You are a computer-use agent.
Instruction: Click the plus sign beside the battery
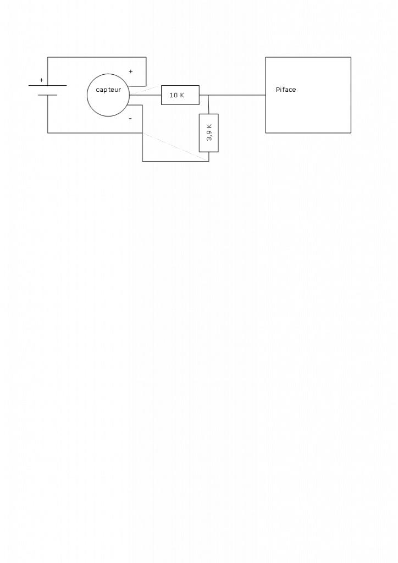[41, 80]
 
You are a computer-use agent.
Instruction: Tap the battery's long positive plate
[48, 86]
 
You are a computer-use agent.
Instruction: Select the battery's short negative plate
[48, 95]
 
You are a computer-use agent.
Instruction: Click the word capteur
[108, 90]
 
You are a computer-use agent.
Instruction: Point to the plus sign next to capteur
[130, 71]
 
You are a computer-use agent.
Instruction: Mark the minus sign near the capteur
[130, 118]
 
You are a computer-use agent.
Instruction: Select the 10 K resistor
[180, 95]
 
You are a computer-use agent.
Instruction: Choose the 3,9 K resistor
[209, 133]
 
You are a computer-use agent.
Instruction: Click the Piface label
[286, 90]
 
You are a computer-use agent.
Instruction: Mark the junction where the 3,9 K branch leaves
[208, 95]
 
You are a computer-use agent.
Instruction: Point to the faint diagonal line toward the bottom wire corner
[176, 147]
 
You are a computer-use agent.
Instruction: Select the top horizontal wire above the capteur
[97, 57]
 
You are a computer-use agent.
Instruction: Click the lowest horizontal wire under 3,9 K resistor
[175, 161]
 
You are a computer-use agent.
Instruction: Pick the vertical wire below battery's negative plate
[48, 114]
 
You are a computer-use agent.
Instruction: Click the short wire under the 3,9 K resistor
[209, 156]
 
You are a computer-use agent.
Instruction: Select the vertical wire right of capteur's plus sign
[146, 71]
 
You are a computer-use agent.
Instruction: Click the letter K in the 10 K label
[182, 95]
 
